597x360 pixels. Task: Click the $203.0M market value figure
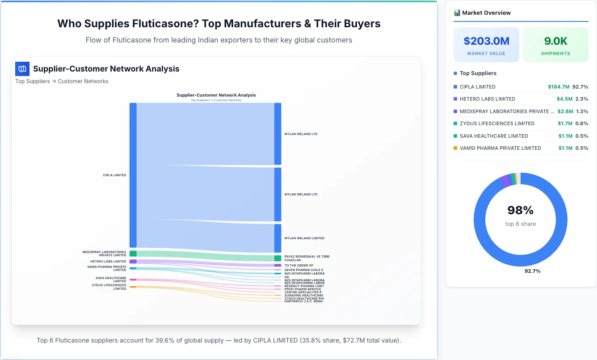tap(486, 41)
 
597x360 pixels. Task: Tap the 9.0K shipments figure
tap(555, 41)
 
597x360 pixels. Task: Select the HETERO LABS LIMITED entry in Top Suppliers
tap(487, 99)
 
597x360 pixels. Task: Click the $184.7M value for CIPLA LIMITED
tap(559, 87)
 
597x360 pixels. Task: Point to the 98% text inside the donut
tap(520, 210)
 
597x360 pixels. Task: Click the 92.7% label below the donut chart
tap(532, 271)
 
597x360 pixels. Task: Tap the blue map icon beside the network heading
tap(22, 69)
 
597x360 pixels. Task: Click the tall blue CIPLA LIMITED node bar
tap(133, 175)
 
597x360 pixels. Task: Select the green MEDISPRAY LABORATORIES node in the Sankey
tap(133, 254)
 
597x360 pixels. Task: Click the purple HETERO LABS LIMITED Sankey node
tap(133, 262)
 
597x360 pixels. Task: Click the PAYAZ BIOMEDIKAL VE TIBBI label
tap(307, 257)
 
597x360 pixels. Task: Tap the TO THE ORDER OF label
tap(298, 266)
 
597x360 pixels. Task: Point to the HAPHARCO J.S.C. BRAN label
tap(303, 301)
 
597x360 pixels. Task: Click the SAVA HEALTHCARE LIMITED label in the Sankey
tap(111, 280)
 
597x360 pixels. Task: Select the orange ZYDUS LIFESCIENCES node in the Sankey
tap(133, 287)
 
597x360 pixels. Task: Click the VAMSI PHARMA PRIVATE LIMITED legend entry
tap(500, 148)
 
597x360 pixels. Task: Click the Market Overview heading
tap(486, 13)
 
